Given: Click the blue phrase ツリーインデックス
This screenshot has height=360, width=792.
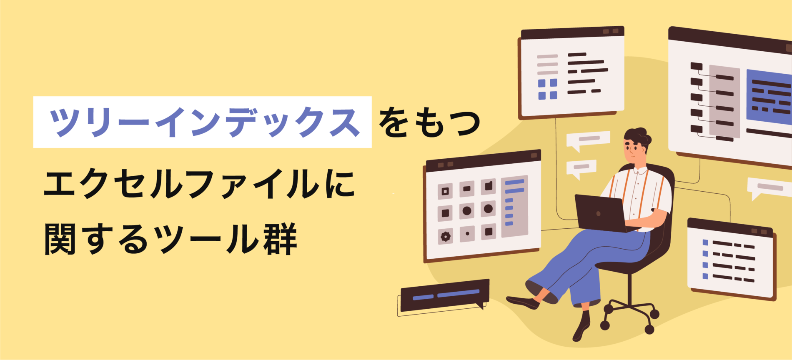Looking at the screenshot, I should [203, 122].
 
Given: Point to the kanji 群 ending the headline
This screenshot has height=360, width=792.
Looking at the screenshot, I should [280, 238].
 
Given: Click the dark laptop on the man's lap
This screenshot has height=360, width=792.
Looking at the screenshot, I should [600, 212].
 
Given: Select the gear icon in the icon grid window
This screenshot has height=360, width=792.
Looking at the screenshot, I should [446, 237].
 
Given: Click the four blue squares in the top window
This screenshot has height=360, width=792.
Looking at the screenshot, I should [547, 89].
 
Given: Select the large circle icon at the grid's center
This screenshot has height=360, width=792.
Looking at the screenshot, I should [467, 211].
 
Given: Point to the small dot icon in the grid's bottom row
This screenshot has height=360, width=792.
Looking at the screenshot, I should [467, 234].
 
